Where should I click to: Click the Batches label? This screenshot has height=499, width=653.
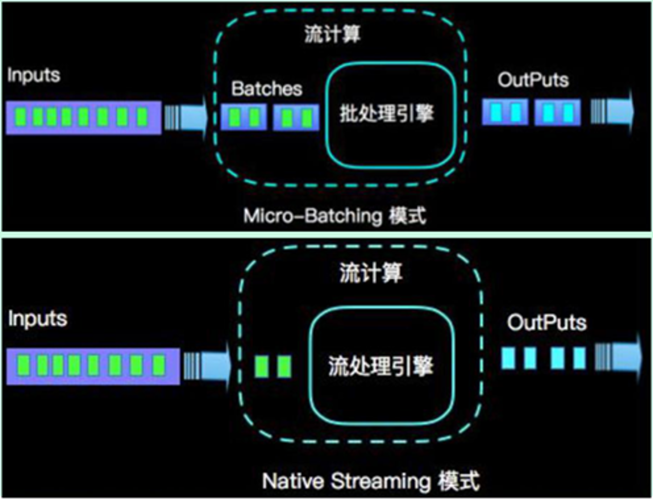pyautogui.click(x=267, y=89)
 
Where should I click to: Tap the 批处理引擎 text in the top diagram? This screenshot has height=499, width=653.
pyautogui.click(x=387, y=114)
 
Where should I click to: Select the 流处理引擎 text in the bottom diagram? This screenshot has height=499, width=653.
pyautogui.click(x=381, y=366)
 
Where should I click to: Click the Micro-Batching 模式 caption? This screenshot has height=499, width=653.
pyautogui.click(x=335, y=216)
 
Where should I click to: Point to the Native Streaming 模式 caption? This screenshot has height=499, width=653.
pyautogui.click(x=371, y=481)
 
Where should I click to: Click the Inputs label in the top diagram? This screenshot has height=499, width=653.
pyautogui.click(x=34, y=75)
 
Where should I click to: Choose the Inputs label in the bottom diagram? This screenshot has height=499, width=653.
pyautogui.click(x=38, y=319)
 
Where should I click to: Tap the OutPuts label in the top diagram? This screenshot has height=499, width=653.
pyautogui.click(x=533, y=80)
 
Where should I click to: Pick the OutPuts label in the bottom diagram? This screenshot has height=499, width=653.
pyautogui.click(x=547, y=323)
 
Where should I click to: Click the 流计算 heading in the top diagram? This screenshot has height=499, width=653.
pyautogui.click(x=332, y=34)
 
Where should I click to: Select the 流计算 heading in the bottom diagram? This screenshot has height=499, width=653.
pyautogui.click(x=371, y=273)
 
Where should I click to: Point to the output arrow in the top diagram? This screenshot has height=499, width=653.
pyautogui.click(x=613, y=112)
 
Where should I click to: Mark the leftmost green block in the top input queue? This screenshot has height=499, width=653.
pyautogui.click(x=21, y=117)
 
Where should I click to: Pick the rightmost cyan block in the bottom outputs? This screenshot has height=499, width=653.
pyautogui.click(x=580, y=358)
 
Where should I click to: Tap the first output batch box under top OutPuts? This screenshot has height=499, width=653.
pyautogui.click(x=505, y=112)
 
